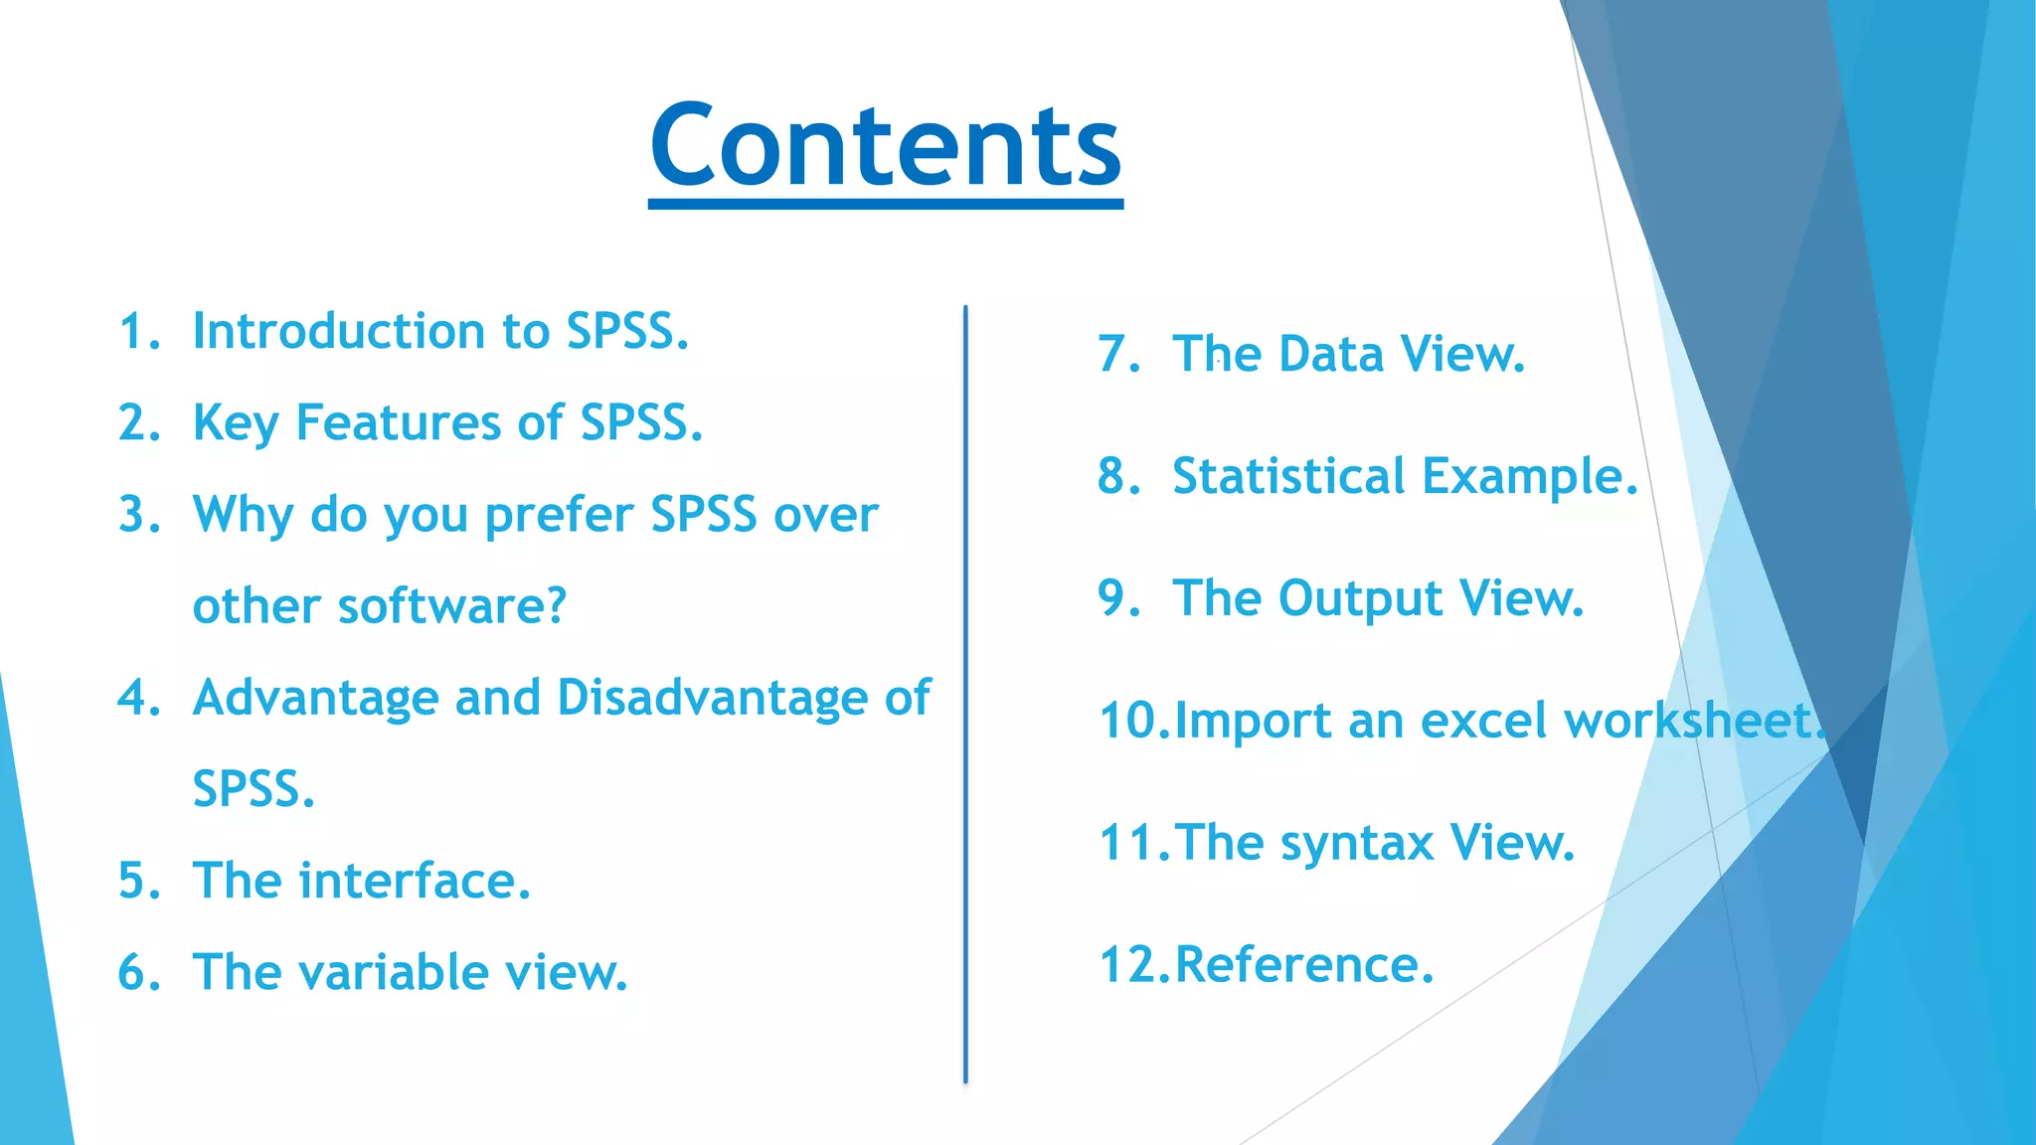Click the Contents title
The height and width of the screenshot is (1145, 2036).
pos(885,146)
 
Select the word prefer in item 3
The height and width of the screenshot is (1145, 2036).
pos(559,516)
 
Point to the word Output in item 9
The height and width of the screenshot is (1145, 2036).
pos(1359,598)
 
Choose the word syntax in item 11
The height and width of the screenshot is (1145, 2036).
pos(1357,844)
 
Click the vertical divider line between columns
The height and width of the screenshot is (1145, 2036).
pos(965,696)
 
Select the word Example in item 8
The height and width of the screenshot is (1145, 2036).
pos(1521,476)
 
